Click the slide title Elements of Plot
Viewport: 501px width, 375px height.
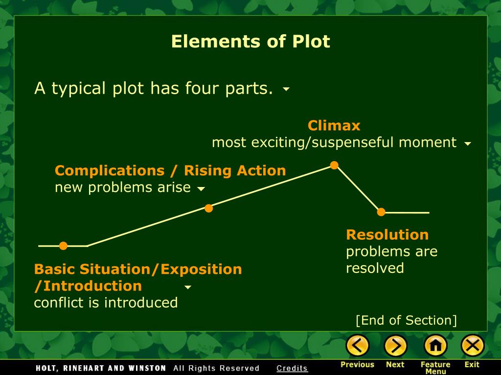(250, 42)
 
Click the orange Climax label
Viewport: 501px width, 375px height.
(334, 126)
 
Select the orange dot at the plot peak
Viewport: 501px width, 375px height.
(334, 165)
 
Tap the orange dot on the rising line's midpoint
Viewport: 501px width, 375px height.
(208, 208)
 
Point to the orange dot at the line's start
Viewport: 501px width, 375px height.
(63, 246)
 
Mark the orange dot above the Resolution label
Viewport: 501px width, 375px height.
(381, 212)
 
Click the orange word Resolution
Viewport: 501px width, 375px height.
(387, 235)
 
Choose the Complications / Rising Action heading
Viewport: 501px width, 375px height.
(170, 170)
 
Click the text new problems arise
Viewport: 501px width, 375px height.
(122, 187)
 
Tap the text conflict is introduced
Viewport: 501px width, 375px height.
(106, 303)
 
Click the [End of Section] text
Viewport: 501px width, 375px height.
(406, 320)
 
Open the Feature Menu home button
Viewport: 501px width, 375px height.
(435, 346)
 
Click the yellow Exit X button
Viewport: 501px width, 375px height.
(472, 346)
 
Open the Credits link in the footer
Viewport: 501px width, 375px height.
(292, 369)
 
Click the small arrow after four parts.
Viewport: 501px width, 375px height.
(286, 89)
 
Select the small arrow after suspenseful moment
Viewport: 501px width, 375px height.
(468, 144)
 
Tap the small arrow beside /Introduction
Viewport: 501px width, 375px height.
(187, 287)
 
